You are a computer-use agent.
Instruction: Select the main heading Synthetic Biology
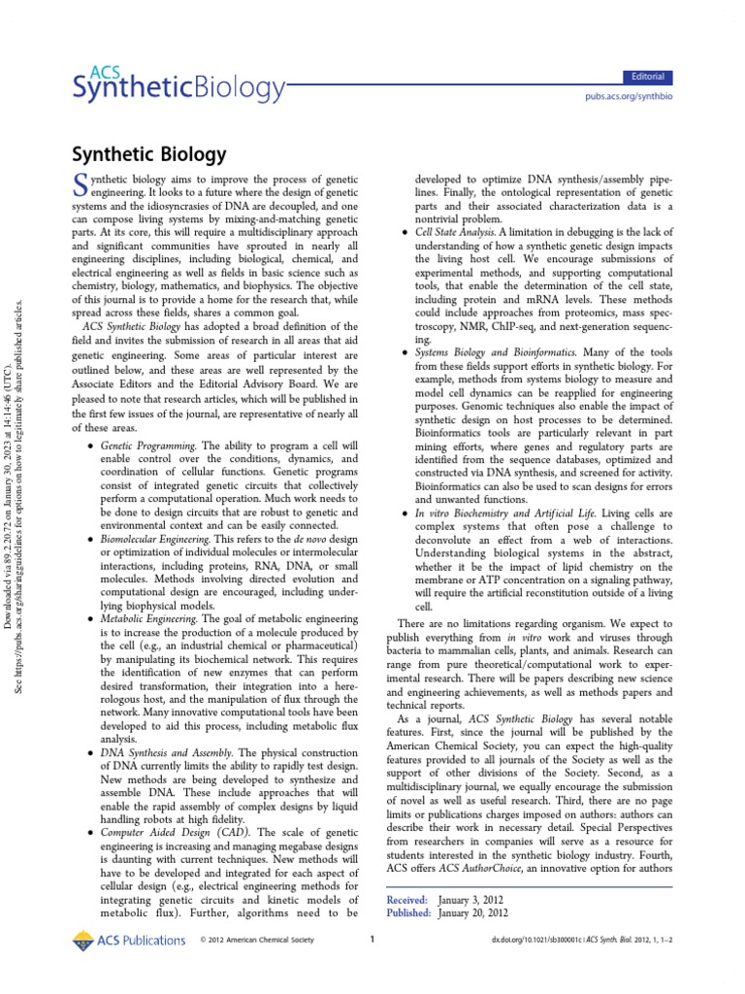click(x=149, y=154)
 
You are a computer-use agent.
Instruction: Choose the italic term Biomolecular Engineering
click(x=154, y=537)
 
